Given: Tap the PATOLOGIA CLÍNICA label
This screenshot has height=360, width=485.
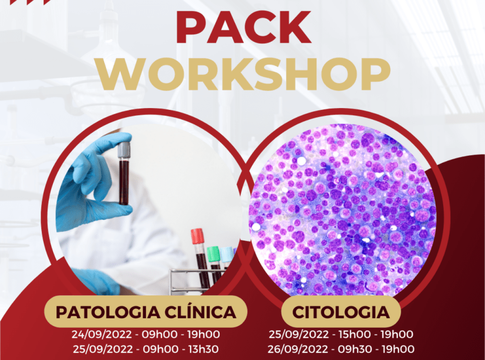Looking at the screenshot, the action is click(146, 312).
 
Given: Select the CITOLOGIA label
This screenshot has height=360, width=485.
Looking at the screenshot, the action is click(341, 312).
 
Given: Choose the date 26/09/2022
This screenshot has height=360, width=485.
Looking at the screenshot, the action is click(298, 349).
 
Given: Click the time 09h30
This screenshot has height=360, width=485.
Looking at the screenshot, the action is click(354, 349).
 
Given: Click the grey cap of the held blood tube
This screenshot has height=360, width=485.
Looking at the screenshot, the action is click(124, 149).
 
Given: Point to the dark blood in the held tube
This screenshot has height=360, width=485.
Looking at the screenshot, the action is click(124, 181).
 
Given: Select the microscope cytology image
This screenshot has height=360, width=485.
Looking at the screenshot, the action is click(342, 210).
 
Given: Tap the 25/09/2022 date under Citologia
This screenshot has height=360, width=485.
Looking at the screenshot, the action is click(299, 334).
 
